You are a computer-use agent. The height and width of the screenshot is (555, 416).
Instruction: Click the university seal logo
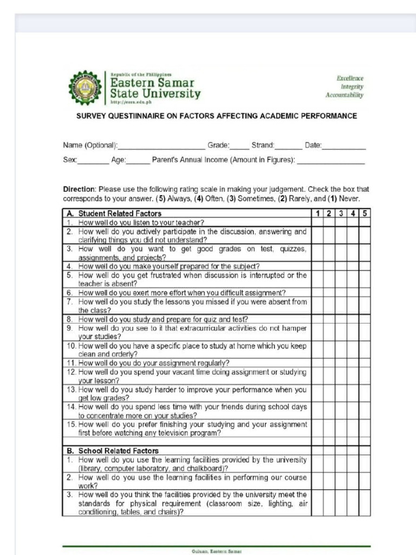84,88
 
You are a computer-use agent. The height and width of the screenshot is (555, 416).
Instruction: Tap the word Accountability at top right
344,95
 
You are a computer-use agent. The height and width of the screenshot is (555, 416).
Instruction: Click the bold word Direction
79,190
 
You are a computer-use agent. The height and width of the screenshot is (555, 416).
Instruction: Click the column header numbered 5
365,214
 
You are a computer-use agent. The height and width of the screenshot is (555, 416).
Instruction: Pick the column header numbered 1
317,214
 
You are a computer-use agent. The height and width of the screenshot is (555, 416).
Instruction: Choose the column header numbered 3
341,214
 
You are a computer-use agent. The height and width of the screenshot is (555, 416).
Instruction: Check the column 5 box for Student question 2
365,235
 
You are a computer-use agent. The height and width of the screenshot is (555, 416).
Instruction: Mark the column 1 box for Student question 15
317,428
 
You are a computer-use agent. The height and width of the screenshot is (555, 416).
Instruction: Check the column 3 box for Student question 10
341,350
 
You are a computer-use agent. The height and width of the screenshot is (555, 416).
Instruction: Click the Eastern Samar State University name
155,88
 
